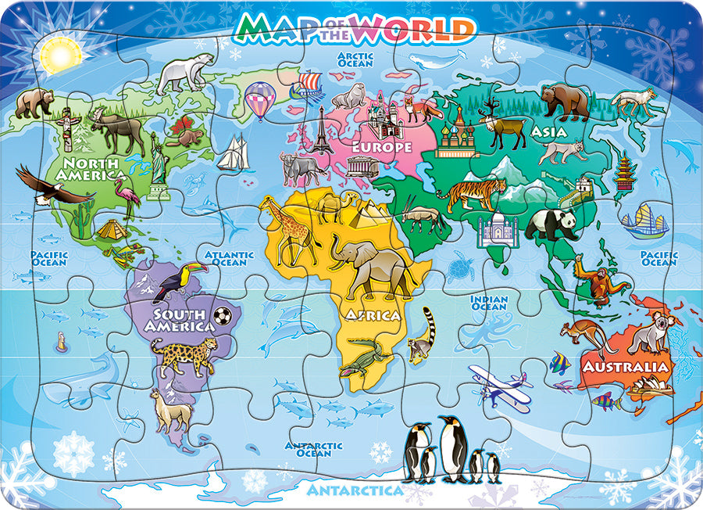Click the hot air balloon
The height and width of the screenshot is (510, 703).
pos(260,99)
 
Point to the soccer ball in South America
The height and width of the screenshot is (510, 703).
pos(223,315)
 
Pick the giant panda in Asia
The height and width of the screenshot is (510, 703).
pos(551,224)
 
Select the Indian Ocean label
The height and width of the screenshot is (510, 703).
pos(489,303)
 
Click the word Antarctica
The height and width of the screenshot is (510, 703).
pos(355,490)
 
